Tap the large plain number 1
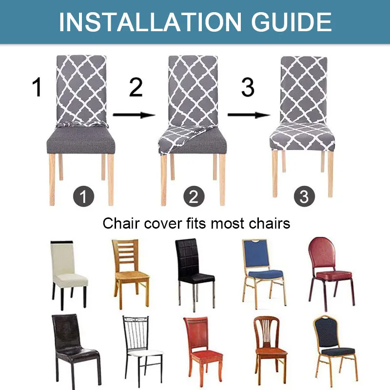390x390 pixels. (37, 87)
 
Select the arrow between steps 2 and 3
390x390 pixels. (249, 115)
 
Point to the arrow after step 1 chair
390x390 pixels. (134, 115)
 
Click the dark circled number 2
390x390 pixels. (194, 197)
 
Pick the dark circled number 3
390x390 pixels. (304, 197)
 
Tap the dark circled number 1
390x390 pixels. (83, 197)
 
